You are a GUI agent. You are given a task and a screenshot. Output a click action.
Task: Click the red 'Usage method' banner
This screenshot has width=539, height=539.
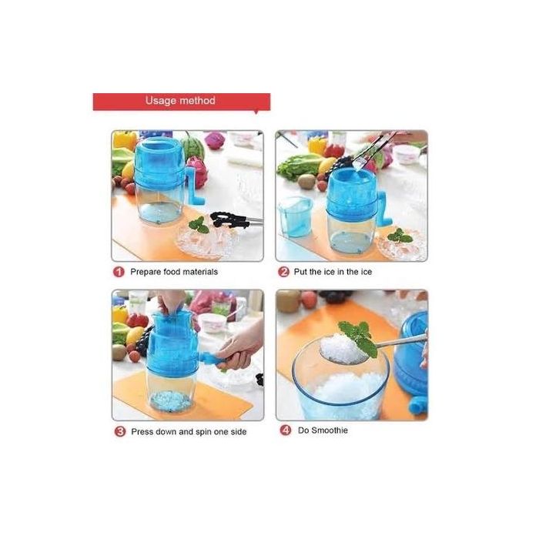click(x=182, y=102)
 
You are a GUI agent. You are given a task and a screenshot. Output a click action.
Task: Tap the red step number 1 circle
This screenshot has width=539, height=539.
click(x=119, y=272)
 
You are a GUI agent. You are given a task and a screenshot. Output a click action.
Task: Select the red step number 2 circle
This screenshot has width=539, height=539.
click(x=283, y=272)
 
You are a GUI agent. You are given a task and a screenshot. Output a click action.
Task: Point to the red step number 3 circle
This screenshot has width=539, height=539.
click(x=120, y=431)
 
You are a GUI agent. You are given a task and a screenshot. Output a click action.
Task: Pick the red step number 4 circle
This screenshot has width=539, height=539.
click(x=286, y=430)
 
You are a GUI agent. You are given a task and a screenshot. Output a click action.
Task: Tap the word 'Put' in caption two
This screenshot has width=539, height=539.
click(x=300, y=272)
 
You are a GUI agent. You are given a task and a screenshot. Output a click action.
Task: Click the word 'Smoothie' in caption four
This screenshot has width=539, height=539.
click(x=330, y=430)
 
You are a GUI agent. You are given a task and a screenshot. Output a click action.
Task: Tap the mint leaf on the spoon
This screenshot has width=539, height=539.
click(x=357, y=337)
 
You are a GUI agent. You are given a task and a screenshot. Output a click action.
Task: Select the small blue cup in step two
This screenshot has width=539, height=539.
click(x=295, y=216)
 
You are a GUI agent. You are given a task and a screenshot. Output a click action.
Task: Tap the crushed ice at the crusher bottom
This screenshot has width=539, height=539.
click(x=170, y=400)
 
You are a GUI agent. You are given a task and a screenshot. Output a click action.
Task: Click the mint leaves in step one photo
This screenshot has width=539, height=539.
click(x=199, y=225)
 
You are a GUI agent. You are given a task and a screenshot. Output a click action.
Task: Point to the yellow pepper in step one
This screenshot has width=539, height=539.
click(x=125, y=140)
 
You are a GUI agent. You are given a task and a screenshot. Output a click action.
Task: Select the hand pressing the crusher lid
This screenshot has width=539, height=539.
click(x=171, y=302)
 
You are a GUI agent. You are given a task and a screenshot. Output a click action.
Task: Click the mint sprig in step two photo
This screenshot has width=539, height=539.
click(x=400, y=236)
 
